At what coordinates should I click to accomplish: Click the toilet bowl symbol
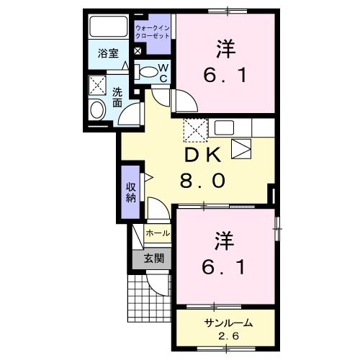pyautogui.click(x=147, y=71)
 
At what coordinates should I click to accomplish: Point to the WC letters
pyautogui.click(x=163, y=73)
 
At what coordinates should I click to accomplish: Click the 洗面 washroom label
pyautogui.click(x=118, y=98)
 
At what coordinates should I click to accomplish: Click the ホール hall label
pyautogui.click(x=158, y=233)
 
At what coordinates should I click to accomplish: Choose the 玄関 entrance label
pyautogui.click(x=151, y=258)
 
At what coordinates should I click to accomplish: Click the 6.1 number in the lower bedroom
pyautogui.click(x=223, y=269)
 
